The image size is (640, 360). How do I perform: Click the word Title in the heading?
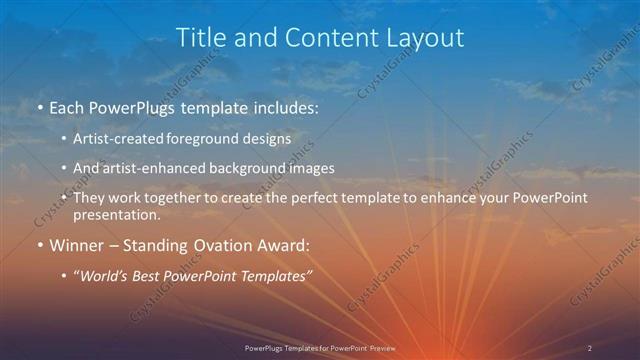click(x=199, y=37)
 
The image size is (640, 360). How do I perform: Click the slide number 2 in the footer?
click(x=590, y=348)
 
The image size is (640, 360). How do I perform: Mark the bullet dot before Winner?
click(x=38, y=244)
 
